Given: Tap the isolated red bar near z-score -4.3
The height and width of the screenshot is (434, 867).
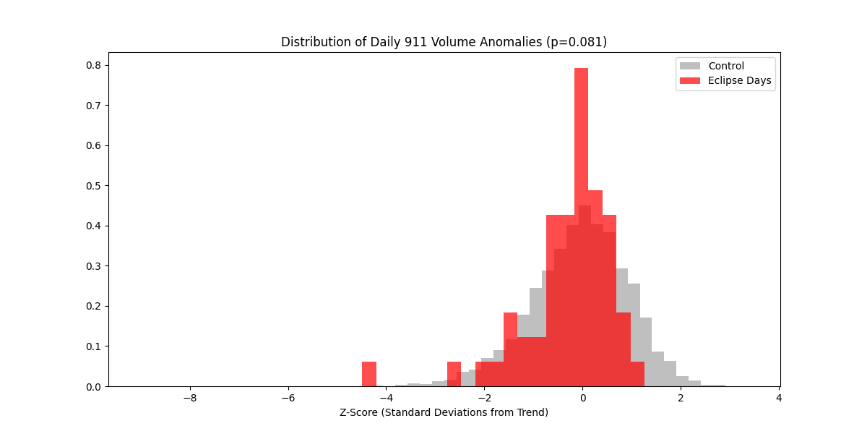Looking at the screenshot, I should (x=369, y=374).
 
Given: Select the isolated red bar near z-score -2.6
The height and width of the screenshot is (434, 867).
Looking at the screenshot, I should (x=454, y=374).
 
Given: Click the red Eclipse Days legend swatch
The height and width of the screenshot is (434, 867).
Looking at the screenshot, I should (x=690, y=81).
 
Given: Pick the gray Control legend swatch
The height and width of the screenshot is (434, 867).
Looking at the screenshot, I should (x=690, y=66).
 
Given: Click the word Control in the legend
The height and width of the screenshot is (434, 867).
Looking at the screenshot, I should (x=726, y=66).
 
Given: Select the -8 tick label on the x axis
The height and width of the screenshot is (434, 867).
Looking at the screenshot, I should (x=189, y=398).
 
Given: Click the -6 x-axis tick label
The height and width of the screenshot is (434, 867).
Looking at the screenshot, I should (x=288, y=398).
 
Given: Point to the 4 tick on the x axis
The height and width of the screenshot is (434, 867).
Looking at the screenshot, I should (x=779, y=398).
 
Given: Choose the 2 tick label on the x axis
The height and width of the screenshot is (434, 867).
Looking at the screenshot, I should (x=681, y=398).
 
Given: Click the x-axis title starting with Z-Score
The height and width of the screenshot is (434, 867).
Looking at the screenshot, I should (x=444, y=412).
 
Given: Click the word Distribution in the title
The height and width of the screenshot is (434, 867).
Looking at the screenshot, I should (x=313, y=42).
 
